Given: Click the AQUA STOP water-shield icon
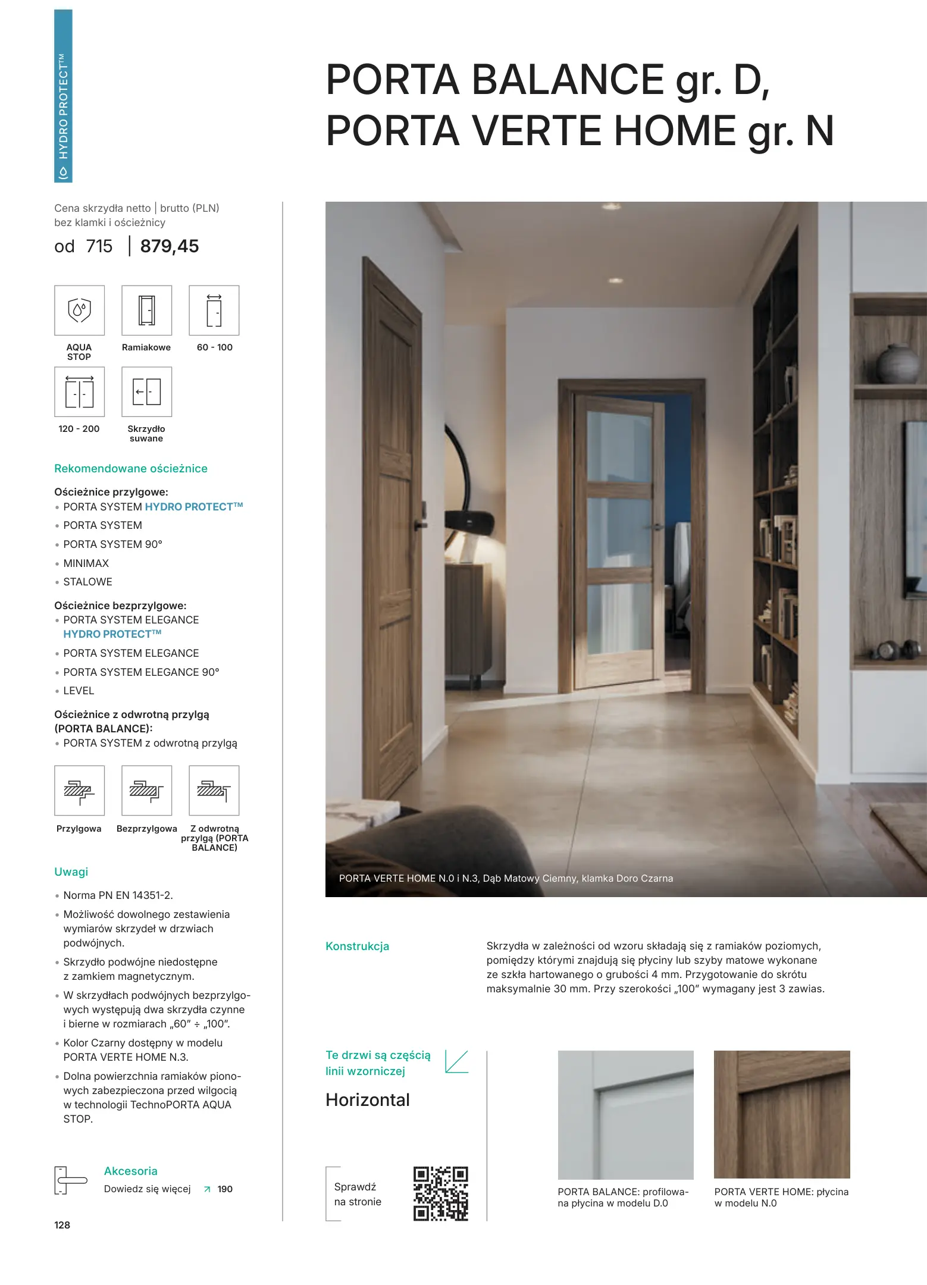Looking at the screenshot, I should [x=79, y=310].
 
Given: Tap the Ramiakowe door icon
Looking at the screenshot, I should [x=146, y=310].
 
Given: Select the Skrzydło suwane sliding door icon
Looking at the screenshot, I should [x=146, y=391].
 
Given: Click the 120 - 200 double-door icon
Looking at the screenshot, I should [x=79, y=391].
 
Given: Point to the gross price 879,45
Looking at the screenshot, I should [x=170, y=246].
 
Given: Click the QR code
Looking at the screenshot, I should [x=440, y=1193].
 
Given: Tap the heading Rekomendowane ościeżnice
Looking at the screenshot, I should [x=131, y=468].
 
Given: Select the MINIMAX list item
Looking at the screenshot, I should [x=86, y=563].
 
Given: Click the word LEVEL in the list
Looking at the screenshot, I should [x=79, y=691].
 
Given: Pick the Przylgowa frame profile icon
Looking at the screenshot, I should [x=79, y=790].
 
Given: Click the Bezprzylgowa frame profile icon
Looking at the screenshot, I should [x=146, y=790].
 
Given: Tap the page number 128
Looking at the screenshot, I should [x=62, y=1225].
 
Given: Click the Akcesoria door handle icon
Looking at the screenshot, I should [x=70, y=1180].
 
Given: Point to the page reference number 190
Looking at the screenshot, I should [x=225, y=1189].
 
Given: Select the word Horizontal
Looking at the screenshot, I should [x=368, y=1100].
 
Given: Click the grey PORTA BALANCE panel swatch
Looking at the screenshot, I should [x=625, y=1114].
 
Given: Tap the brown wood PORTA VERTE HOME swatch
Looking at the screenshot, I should [x=782, y=1114].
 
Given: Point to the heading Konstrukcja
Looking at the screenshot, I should [x=357, y=946].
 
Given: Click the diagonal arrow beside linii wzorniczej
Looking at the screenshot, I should [x=456, y=1062].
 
